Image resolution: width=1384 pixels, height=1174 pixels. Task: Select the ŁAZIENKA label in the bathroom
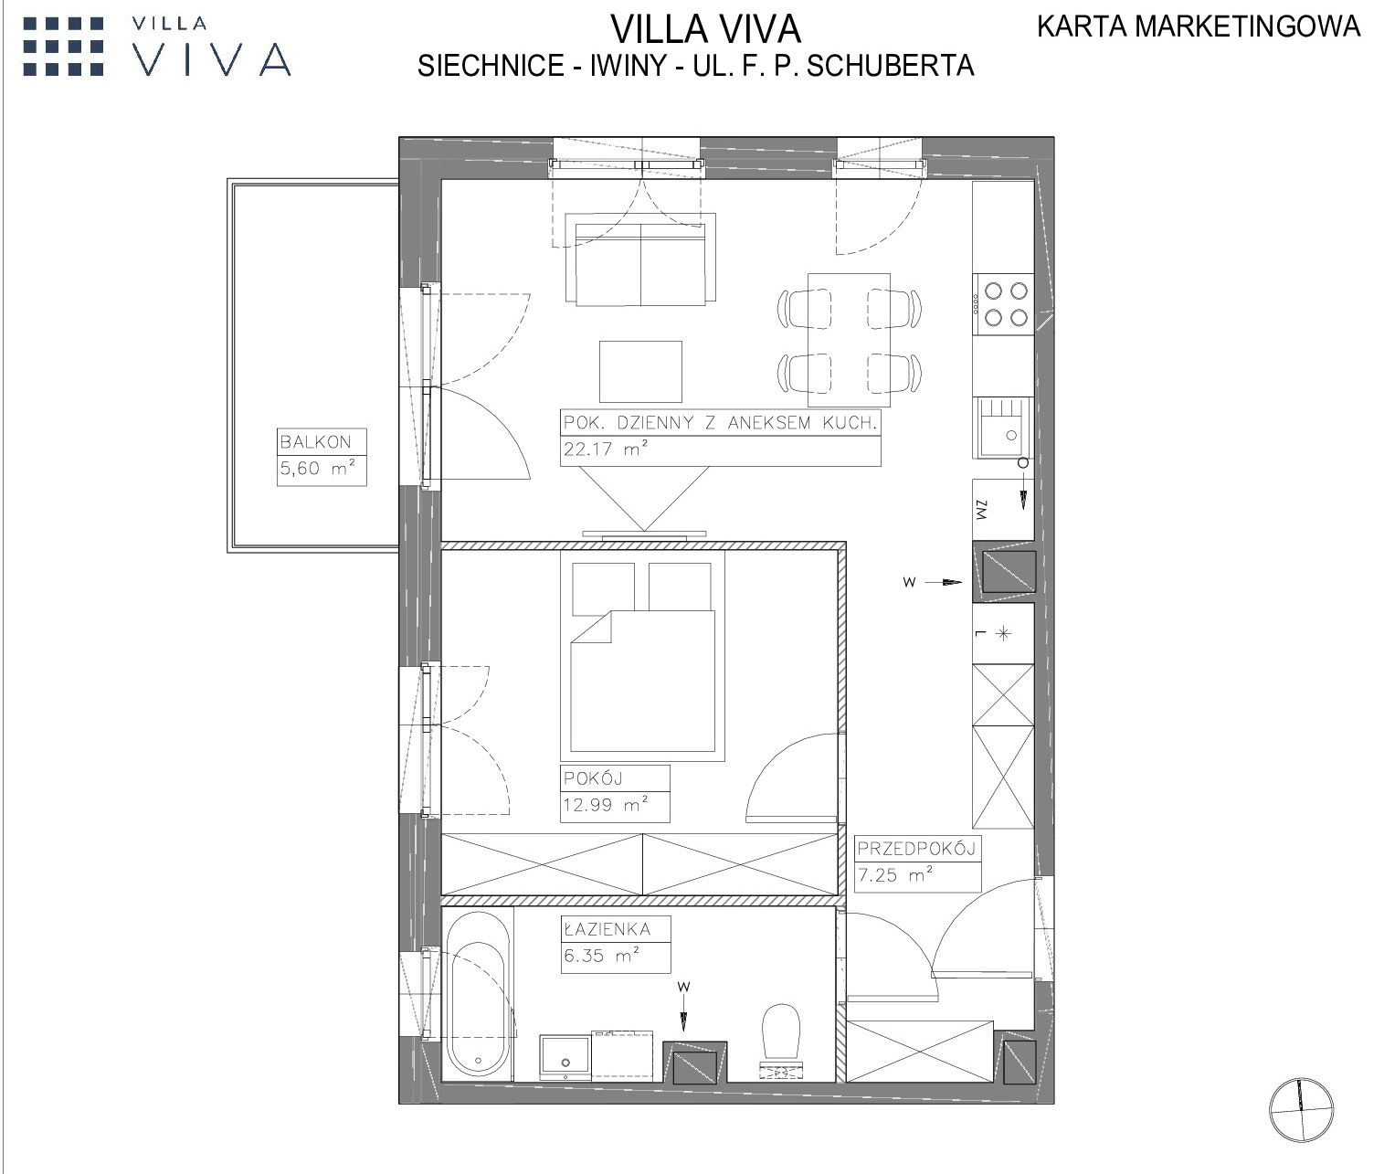pyautogui.click(x=607, y=929)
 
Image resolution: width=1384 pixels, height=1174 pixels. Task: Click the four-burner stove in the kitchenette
pyautogui.click(x=1003, y=304)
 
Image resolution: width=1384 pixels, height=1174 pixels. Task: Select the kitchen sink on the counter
pyautogui.click(x=1002, y=428)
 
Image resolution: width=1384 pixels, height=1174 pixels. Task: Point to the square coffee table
pyautogui.click(x=640, y=372)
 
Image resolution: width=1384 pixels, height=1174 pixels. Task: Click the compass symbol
pyautogui.click(x=1301, y=1110)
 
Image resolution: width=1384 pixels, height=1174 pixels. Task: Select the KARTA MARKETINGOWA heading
pyautogui.click(x=1199, y=26)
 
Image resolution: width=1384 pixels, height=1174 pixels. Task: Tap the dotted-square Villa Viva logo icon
pyautogui.click(x=63, y=47)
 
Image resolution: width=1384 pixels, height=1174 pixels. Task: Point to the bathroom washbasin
pyautogui.click(x=565, y=1057)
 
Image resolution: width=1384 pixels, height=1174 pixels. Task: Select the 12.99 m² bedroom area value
pyautogui.click(x=606, y=804)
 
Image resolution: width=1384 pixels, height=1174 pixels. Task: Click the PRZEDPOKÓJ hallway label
pyautogui.click(x=916, y=849)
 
